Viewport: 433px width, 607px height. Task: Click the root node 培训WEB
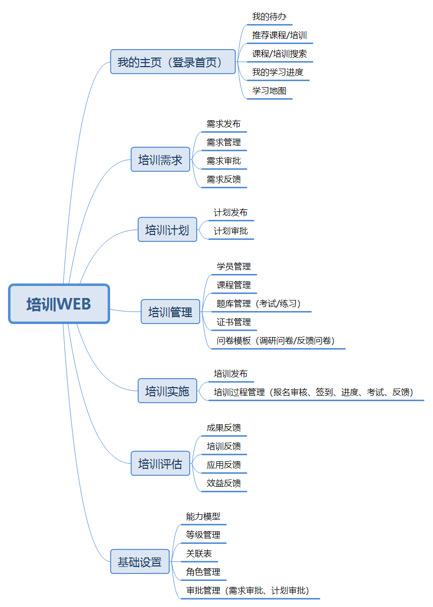(x=59, y=303)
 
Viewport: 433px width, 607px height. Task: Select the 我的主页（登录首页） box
(x=173, y=62)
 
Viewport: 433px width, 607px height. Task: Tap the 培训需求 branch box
(x=160, y=159)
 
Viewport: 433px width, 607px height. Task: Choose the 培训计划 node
(x=167, y=229)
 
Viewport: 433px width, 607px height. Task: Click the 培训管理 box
(x=170, y=312)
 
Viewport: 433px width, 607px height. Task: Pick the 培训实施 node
(x=167, y=391)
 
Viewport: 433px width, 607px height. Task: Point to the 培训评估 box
(x=160, y=463)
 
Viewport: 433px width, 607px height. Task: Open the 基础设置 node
(x=140, y=561)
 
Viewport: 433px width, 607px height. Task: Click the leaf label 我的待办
(x=269, y=17)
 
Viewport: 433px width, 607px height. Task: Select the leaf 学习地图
(x=269, y=91)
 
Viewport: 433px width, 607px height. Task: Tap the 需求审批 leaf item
(x=223, y=161)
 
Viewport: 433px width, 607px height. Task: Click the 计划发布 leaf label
(x=230, y=212)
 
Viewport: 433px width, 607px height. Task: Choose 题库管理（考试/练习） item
(x=259, y=303)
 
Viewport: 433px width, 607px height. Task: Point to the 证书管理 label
(x=233, y=322)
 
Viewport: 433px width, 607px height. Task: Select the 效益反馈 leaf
(x=223, y=483)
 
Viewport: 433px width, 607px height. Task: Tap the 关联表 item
(x=199, y=553)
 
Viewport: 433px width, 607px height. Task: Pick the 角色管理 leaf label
(x=203, y=572)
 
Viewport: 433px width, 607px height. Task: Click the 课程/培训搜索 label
(x=279, y=54)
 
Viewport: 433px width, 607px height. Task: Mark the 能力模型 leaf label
(x=203, y=516)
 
